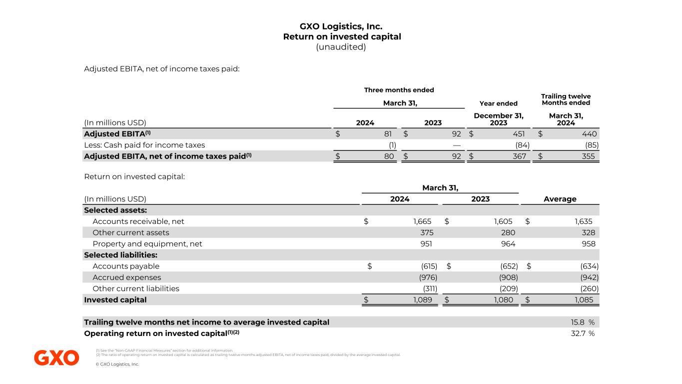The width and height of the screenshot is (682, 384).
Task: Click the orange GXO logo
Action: click(x=56, y=358)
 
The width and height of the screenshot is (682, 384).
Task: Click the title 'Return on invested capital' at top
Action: click(x=342, y=36)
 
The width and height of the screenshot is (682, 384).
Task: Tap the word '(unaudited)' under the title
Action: click(x=342, y=47)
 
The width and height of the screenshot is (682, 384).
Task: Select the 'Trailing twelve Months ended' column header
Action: click(x=566, y=99)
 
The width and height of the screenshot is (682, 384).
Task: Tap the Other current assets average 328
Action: click(x=588, y=232)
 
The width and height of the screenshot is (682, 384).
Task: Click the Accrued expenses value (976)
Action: click(x=427, y=277)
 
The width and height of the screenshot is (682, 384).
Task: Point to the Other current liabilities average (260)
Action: click(x=588, y=288)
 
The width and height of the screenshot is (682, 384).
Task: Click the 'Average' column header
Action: click(x=560, y=199)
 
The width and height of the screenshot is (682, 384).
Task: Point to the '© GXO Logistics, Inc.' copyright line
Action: click(x=117, y=364)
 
